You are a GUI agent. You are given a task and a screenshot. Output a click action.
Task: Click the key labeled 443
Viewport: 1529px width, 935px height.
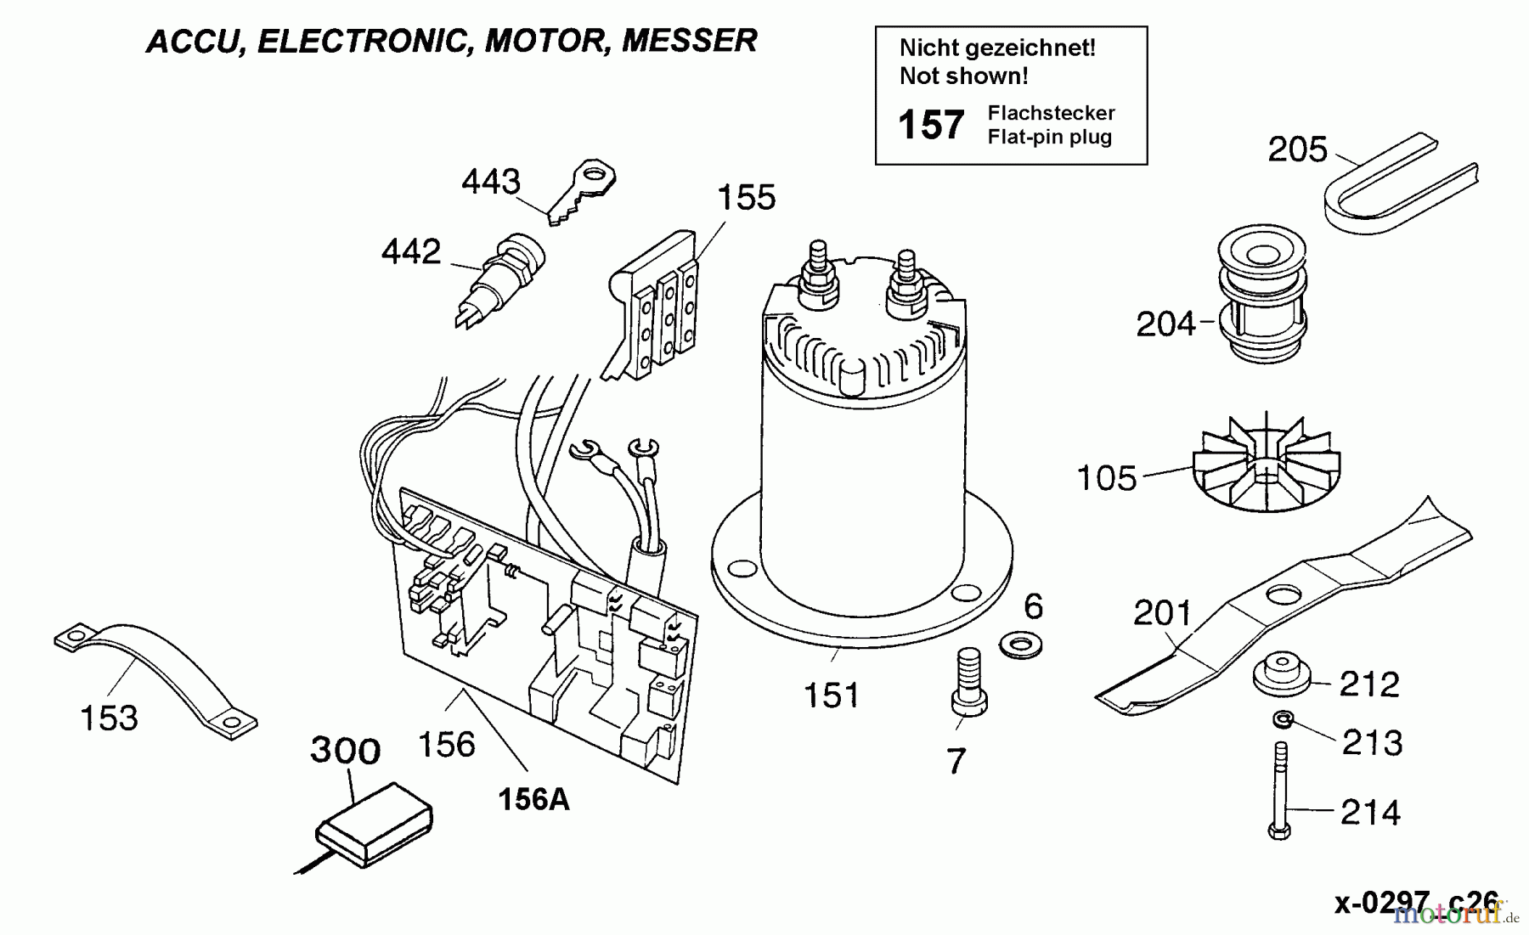(583, 193)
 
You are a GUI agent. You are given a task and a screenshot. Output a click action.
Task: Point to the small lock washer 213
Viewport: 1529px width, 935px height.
(1283, 720)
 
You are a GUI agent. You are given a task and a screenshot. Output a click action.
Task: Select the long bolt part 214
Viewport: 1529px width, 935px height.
(1280, 790)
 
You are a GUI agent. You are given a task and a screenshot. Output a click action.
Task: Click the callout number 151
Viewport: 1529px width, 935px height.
(832, 696)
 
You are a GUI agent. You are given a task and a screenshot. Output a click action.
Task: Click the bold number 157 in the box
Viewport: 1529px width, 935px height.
(931, 125)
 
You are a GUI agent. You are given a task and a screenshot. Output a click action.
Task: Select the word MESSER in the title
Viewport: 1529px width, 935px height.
(689, 41)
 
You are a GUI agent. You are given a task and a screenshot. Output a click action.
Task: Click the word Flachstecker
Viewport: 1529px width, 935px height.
(1051, 113)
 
